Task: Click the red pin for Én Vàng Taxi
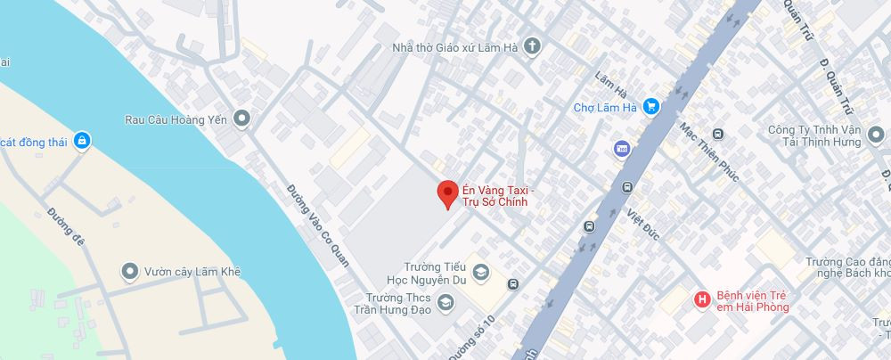pyautogui.click(x=448, y=193)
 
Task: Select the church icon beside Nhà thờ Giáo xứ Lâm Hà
pyautogui.click(x=532, y=46)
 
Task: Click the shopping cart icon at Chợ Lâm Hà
pyautogui.click(x=651, y=107)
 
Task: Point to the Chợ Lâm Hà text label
pyautogui.click(x=604, y=108)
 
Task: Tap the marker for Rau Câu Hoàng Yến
pyautogui.click(x=241, y=119)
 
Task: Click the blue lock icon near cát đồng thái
pyautogui.click(x=82, y=140)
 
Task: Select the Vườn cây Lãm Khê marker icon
pyautogui.click(x=130, y=271)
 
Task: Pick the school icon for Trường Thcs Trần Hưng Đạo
pyautogui.click(x=444, y=304)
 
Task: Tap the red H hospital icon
pyautogui.click(x=703, y=300)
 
